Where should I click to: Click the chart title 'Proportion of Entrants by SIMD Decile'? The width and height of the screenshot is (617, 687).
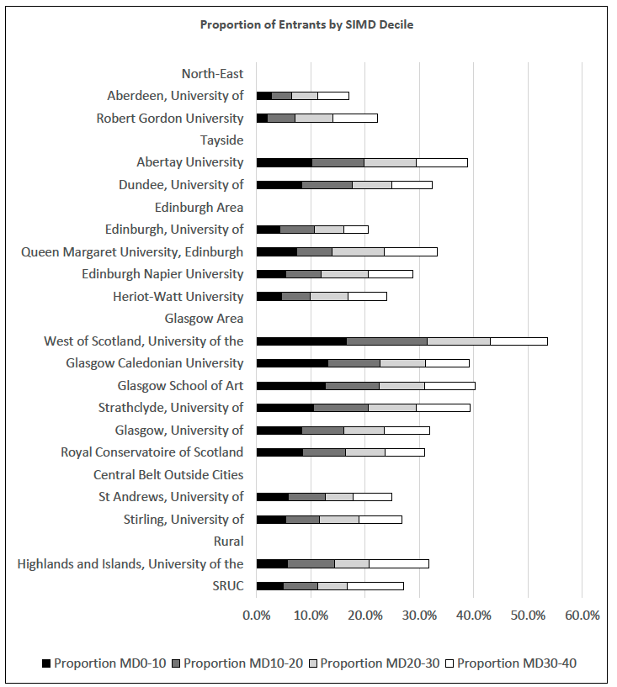306,24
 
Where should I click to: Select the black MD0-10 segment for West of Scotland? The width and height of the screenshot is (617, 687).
301,341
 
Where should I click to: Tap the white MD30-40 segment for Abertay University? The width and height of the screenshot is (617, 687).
442,162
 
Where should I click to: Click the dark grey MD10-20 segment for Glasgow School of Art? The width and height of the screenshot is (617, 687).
352,385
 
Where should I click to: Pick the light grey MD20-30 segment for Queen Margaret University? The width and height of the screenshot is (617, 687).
358,251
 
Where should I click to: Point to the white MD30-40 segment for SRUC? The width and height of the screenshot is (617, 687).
375,586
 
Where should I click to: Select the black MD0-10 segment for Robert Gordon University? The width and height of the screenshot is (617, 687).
262,118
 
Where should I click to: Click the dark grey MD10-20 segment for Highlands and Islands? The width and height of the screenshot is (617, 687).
311,563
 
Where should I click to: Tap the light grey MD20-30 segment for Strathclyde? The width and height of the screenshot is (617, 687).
392,408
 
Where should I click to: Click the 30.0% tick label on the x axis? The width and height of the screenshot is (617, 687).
418,616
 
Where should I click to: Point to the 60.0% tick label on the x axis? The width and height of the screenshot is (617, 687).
582,616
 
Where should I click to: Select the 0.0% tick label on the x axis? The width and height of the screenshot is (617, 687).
257,616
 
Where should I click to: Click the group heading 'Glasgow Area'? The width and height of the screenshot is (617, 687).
204,319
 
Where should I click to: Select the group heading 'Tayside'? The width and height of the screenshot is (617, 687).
221,140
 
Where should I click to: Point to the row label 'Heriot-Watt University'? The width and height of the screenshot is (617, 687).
178,296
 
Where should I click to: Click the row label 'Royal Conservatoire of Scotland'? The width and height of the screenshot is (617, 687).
152,452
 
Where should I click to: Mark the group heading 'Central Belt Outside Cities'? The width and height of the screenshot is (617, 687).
168,474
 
